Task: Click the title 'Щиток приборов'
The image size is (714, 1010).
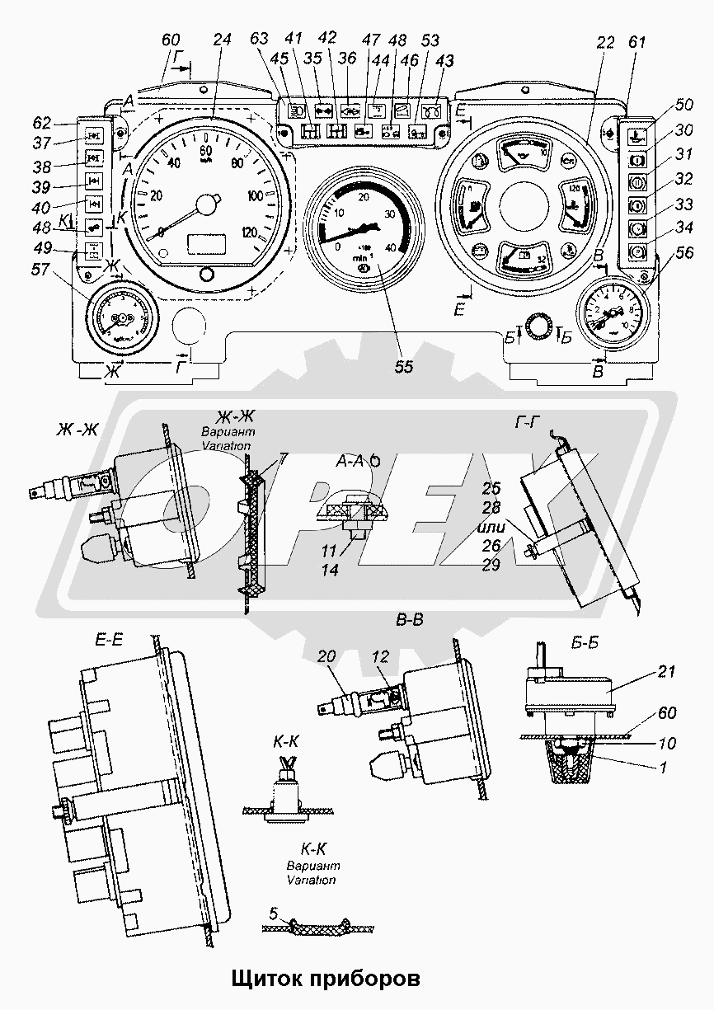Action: coord(325,979)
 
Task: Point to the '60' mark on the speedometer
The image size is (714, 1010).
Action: coord(206,150)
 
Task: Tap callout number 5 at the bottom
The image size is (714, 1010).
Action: coord(273,913)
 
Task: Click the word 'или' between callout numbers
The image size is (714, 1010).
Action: coord(492,526)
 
